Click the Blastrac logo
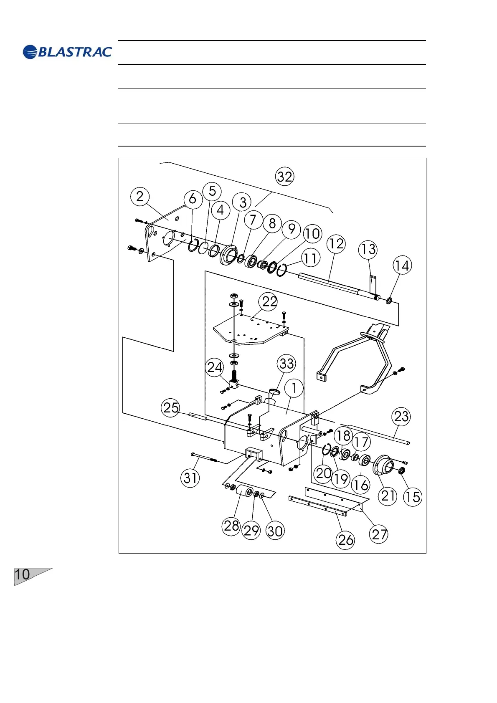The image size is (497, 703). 67,52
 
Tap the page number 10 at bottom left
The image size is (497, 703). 23,575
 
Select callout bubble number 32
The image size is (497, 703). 285,177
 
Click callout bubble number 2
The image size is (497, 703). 140,196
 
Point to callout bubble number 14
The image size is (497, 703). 402,266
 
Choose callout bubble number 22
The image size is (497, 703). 269,301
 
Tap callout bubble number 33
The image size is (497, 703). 287,363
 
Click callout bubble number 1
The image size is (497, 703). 294,388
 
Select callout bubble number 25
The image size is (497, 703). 171,407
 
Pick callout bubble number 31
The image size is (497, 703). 190,478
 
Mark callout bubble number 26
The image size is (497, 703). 346,540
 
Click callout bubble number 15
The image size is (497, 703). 413,497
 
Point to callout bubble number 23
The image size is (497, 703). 401,416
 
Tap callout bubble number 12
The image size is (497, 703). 337,243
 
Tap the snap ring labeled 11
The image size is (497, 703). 281,270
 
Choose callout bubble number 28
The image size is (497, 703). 231,526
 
